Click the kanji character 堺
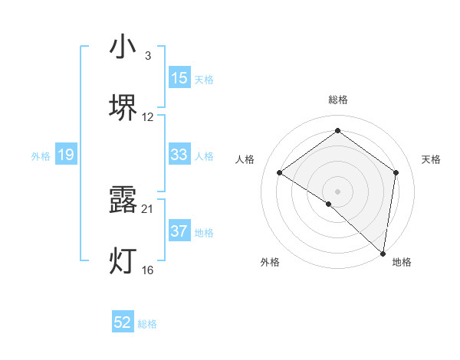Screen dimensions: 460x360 [x=123, y=107]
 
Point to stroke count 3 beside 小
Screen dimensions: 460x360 [x=148, y=56]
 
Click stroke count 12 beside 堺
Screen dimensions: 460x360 [x=148, y=117]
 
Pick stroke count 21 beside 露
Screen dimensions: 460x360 [x=148, y=208]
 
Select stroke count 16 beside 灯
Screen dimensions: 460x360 [x=148, y=270]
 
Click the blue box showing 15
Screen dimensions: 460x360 [x=179, y=78]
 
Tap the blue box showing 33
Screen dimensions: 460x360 [x=179, y=155]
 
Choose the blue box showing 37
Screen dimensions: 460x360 [x=179, y=231]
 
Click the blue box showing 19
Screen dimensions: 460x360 [x=66, y=155]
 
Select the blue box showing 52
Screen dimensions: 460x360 [x=123, y=323]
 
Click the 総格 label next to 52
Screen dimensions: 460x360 [x=147, y=324]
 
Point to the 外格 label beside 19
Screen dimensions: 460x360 [x=41, y=155]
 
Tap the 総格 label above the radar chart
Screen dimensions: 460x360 [x=337, y=100]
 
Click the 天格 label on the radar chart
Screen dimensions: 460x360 [x=431, y=159]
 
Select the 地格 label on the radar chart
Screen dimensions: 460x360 [x=402, y=262]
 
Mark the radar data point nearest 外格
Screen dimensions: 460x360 [x=329, y=204]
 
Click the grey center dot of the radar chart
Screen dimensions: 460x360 [x=337, y=190]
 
